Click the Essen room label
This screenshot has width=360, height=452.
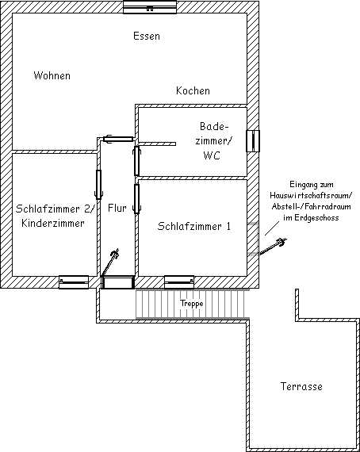point(147,36)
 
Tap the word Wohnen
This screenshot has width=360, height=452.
point(52,75)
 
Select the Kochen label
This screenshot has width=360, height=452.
point(193,90)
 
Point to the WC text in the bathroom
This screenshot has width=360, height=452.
point(212,155)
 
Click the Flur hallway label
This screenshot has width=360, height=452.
point(117,208)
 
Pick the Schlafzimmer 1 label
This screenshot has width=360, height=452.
point(194,226)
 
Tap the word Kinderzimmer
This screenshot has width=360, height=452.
point(53,223)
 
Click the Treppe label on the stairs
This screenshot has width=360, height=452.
point(192,304)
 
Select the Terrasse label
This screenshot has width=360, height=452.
point(301,386)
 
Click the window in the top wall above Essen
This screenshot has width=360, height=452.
point(150,7)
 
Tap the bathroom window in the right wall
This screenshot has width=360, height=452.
point(253,141)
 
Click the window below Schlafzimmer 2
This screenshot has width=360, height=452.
point(74,282)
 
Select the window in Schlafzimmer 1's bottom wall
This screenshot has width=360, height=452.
point(179,282)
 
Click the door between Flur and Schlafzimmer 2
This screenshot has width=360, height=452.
point(99,185)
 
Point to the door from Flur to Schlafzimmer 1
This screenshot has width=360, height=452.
point(136,198)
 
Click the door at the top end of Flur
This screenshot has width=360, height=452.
point(118,139)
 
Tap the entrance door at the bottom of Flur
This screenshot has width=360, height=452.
point(118,282)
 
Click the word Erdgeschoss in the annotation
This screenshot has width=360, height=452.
point(316,217)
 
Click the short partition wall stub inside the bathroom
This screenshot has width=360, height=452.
point(157,144)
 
